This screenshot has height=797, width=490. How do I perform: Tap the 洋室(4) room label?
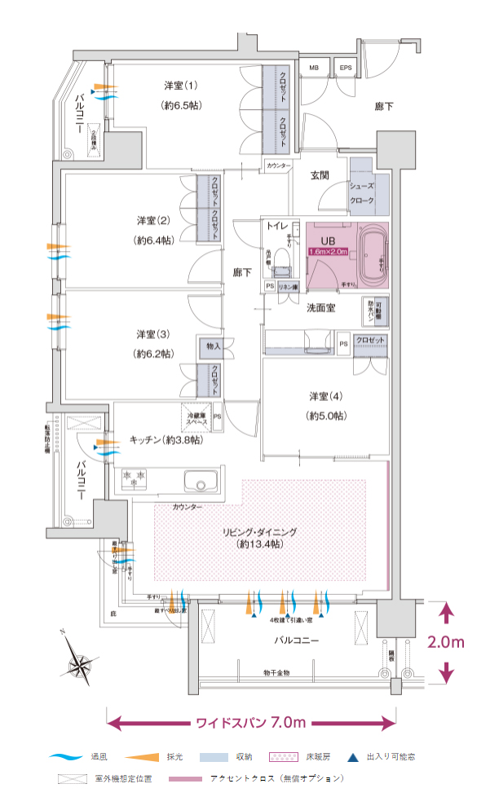(324, 396)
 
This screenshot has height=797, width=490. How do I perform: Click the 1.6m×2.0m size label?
(328, 252)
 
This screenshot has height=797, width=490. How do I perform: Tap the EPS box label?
(346, 68)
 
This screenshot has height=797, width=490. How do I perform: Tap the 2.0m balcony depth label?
(446, 642)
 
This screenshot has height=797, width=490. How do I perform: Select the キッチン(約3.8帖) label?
(166, 439)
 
